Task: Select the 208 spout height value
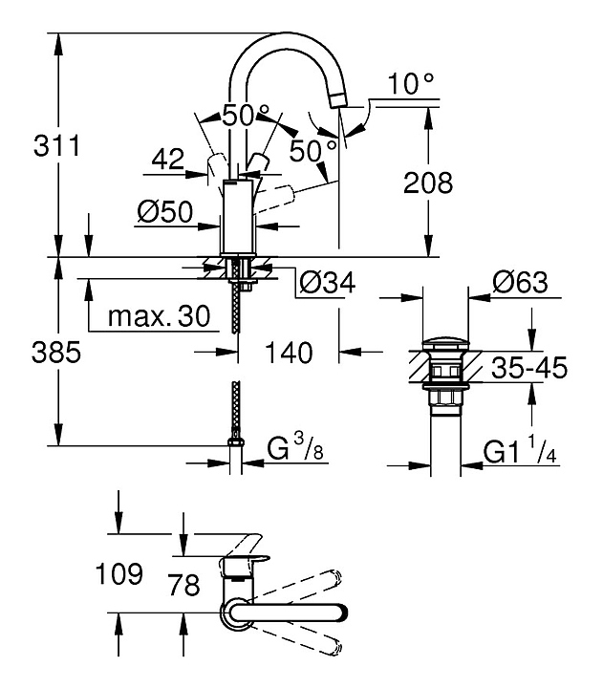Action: coord(426,183)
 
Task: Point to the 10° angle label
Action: coord(412,85)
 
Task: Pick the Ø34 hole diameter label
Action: coord(327,282)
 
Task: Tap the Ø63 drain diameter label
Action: coord(520,282)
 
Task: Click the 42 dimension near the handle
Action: coord(167,161)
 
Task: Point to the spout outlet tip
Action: coord(336,97)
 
